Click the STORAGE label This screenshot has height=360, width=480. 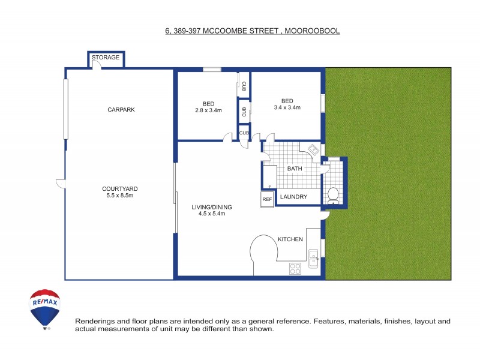[x=106, y=58]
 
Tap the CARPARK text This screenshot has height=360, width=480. [x=121, y=110]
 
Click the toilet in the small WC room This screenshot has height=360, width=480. [x=333, y=195]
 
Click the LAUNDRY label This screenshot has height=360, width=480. [x=294, y=197]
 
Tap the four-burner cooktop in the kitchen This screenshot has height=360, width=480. [x=295, y=269]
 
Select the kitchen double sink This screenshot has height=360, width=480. [x=314, y=259]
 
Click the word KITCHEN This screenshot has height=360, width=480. [x=290, y=239]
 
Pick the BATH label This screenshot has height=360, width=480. [x=294, y=169]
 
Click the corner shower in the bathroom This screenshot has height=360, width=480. [x=314, y=149]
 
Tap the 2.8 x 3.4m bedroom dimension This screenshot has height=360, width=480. [x=208, y=110]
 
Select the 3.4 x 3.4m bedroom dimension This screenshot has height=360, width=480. [x=287, y=108]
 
